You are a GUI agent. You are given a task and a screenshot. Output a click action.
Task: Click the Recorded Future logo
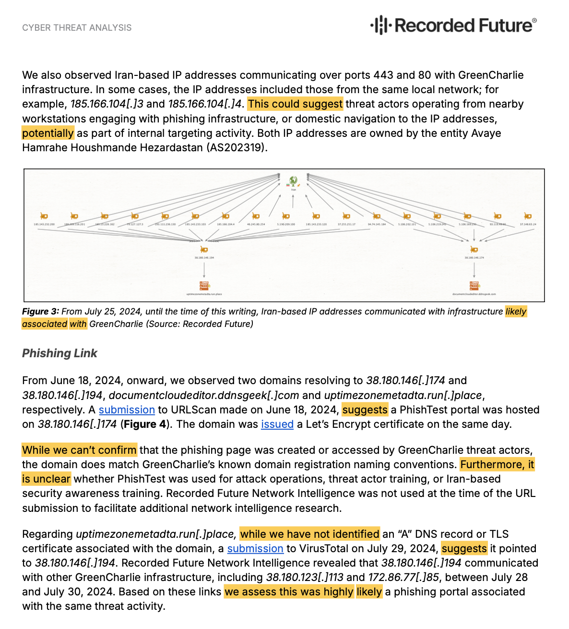(453, 25)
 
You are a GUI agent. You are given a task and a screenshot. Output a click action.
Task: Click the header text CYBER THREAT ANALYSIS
(77, 28)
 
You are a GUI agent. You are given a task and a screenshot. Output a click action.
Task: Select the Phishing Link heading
(59, 353)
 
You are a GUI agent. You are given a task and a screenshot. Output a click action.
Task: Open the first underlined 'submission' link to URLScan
(127, 410)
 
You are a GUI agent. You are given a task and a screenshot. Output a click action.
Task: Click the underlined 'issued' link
(277, 424)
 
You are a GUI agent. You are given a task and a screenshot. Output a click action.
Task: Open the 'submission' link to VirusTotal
(255, 548)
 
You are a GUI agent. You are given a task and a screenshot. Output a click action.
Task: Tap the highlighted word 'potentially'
(48, 133)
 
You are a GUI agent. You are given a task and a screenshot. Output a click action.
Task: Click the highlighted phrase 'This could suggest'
(295, 104)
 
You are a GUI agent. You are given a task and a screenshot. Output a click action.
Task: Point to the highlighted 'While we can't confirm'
(80, 450)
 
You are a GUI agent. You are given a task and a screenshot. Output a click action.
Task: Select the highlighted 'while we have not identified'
(310, 534)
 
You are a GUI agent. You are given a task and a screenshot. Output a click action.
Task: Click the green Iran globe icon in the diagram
(293, 181)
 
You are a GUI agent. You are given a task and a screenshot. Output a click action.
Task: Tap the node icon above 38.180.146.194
(204, 249)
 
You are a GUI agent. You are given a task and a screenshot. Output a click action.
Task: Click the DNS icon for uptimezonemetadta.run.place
(204, 286)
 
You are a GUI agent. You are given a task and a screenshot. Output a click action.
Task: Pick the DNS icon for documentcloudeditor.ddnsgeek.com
(474, 286)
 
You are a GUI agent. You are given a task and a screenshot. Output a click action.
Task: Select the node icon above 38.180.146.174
(474, 249)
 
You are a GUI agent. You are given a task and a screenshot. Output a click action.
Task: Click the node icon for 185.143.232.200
(44, 216)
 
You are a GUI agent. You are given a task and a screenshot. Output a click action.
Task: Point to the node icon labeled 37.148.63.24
(528, 216)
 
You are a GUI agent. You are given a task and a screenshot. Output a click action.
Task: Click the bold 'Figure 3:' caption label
(40, 312)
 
